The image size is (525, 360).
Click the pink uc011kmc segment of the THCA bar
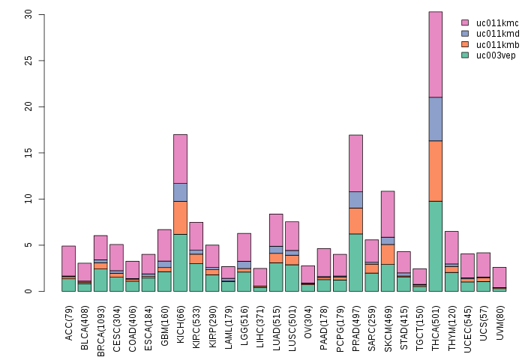tap(435, 54)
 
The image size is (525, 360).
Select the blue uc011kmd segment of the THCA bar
tap(435, 118)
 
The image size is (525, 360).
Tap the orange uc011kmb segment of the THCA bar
tap(435, 170)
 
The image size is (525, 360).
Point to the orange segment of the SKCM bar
tap(388, 253)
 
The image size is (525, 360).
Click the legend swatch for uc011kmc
tap(465, 23)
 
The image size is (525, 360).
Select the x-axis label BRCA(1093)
tap(100, 326)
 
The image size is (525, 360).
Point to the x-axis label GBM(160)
tap(164, 323)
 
